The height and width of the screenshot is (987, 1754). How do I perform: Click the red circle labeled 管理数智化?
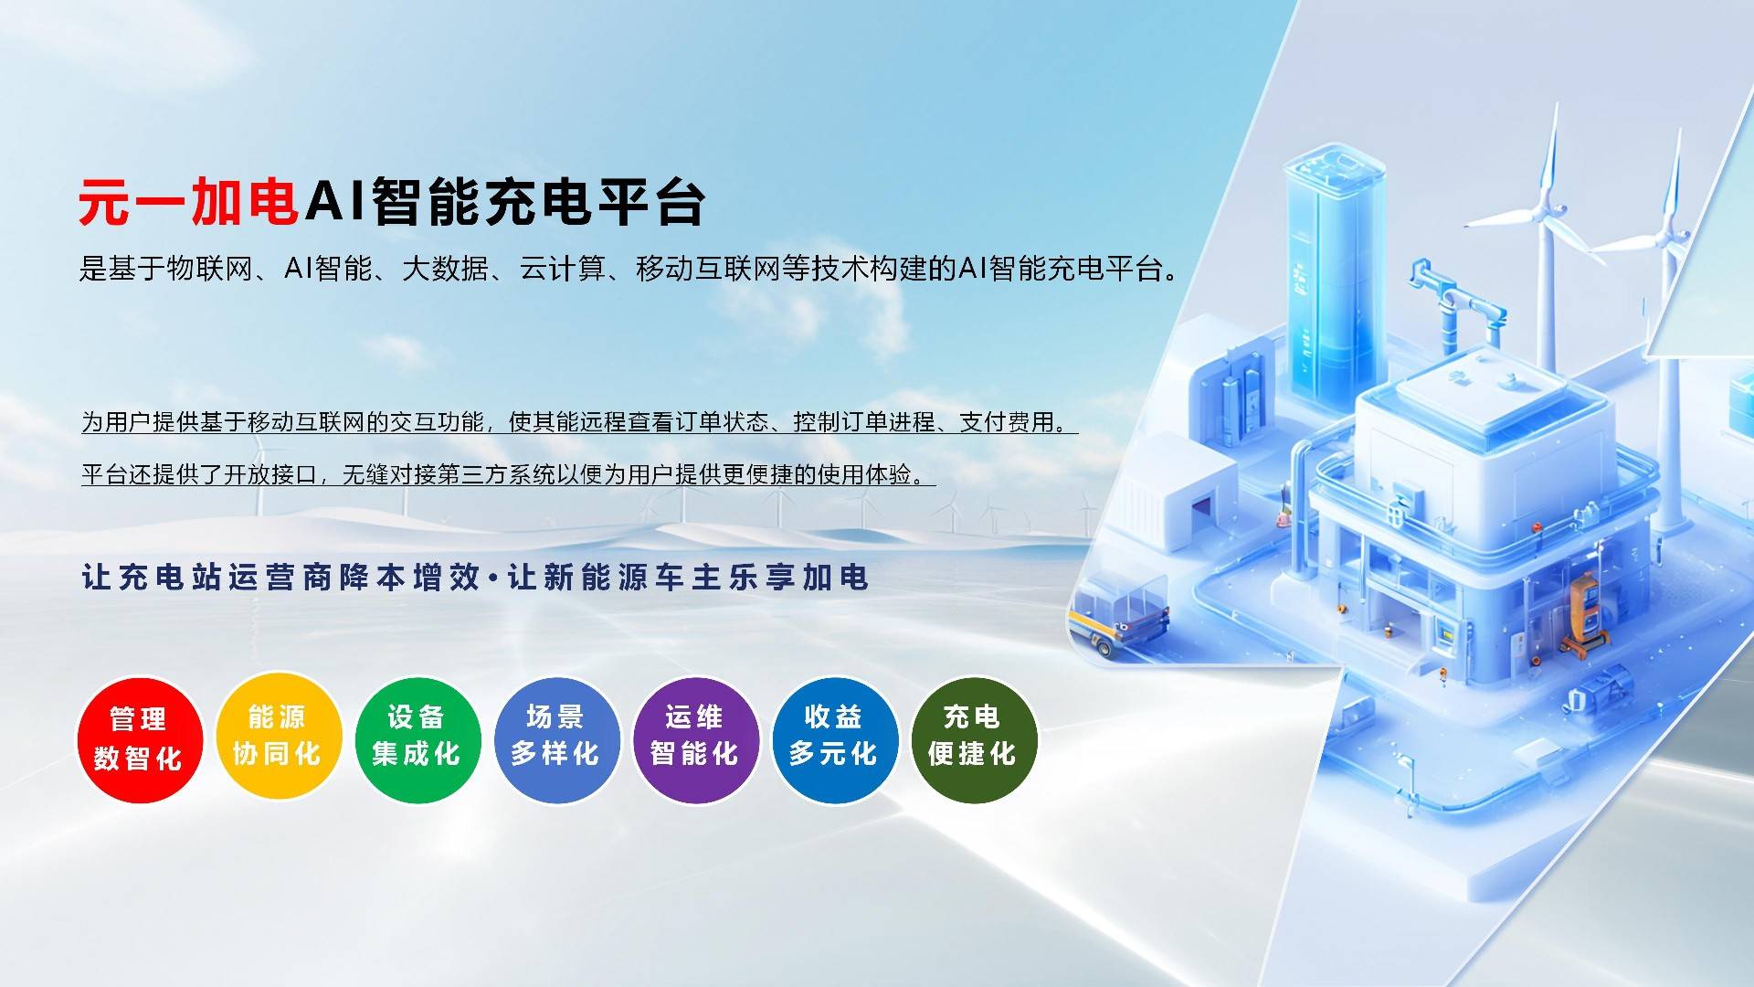140,739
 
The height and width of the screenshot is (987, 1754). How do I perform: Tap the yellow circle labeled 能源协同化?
278,737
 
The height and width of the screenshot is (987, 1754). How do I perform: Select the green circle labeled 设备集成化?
417,739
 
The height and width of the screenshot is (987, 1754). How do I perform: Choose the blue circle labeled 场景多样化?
556,739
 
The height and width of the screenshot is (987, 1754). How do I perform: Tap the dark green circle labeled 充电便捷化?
974,739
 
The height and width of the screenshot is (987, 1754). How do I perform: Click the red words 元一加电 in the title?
189,201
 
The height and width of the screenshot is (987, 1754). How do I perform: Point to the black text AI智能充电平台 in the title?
505,201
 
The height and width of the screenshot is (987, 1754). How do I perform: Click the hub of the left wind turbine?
1548,212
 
